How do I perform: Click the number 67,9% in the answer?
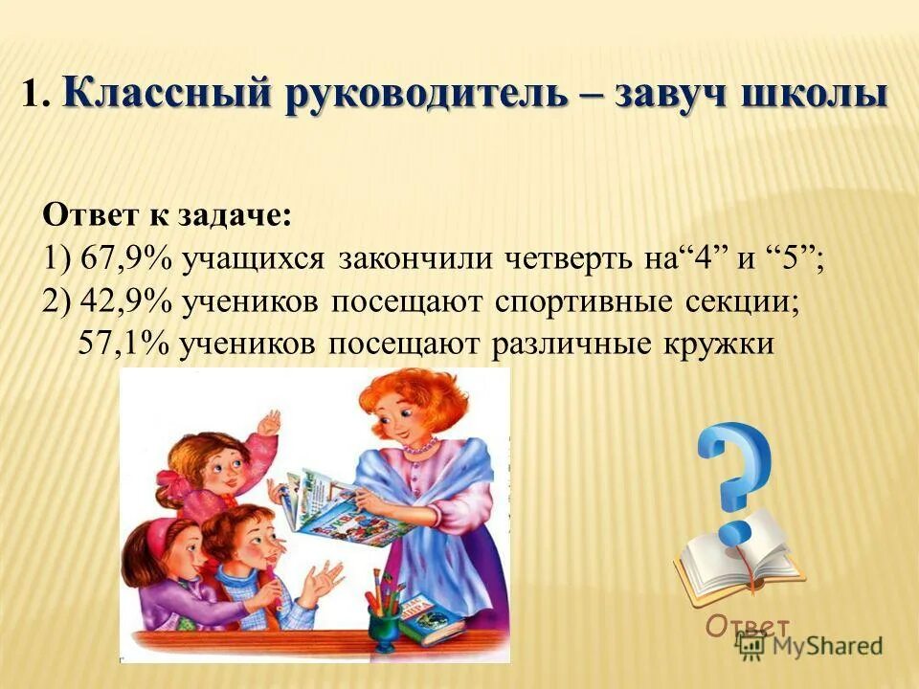(116, 258)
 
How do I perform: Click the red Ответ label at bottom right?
(749, 626)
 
